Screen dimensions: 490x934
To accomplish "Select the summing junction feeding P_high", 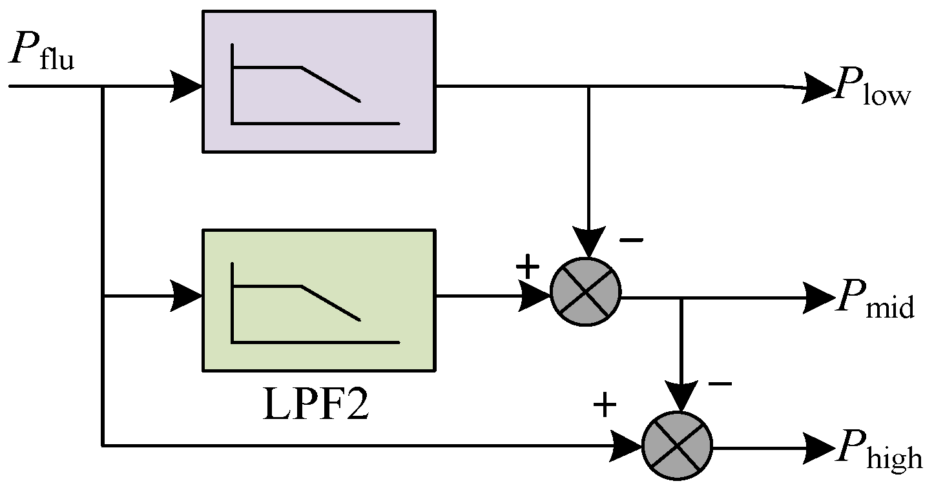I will tap(677, 445).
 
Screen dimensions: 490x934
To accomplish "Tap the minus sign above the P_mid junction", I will tap(631, 241).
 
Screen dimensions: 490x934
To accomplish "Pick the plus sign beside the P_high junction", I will tap(605, 405).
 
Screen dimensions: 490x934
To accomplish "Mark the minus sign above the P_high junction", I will tap(720, 384).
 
